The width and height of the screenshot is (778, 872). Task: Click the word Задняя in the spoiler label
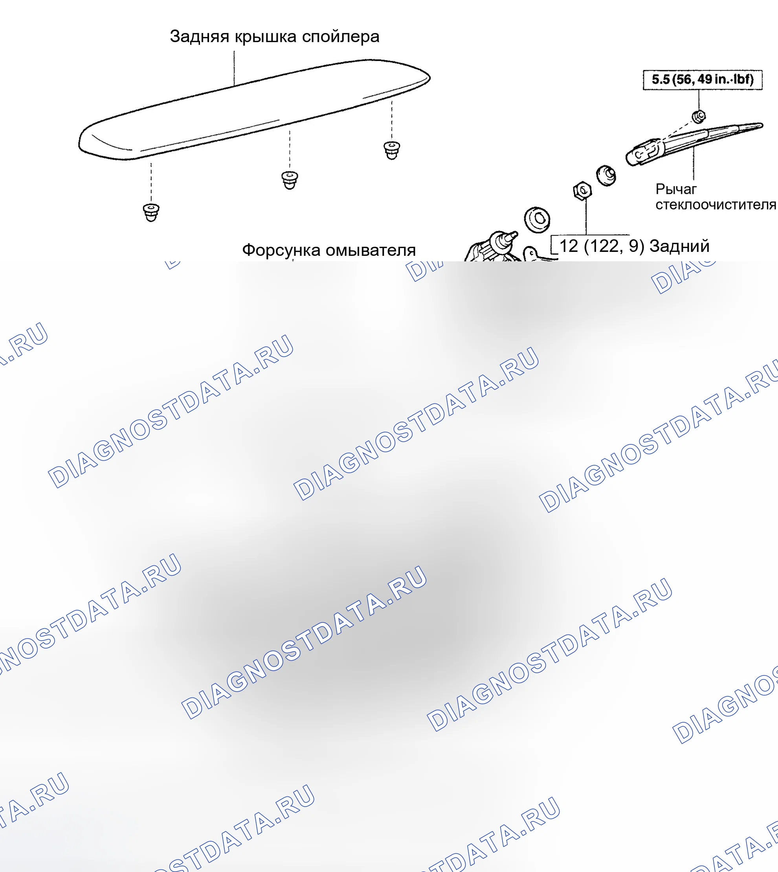tap(200, 37)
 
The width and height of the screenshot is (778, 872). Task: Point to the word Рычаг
tap(676, 189)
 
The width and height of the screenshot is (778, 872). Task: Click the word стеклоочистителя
tap(716, 204)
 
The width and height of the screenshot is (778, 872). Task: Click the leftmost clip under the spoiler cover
tap(151, 213)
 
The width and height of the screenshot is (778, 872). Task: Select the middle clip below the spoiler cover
tap(290, 180)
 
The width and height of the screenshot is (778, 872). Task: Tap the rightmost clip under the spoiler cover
tap(392, 150)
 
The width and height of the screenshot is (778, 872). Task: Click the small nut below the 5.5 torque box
tap(699, 116)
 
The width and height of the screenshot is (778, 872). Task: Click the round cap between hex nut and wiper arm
tap(606, 175)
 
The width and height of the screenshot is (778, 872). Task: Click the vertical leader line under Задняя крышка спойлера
tap(234, 68)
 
